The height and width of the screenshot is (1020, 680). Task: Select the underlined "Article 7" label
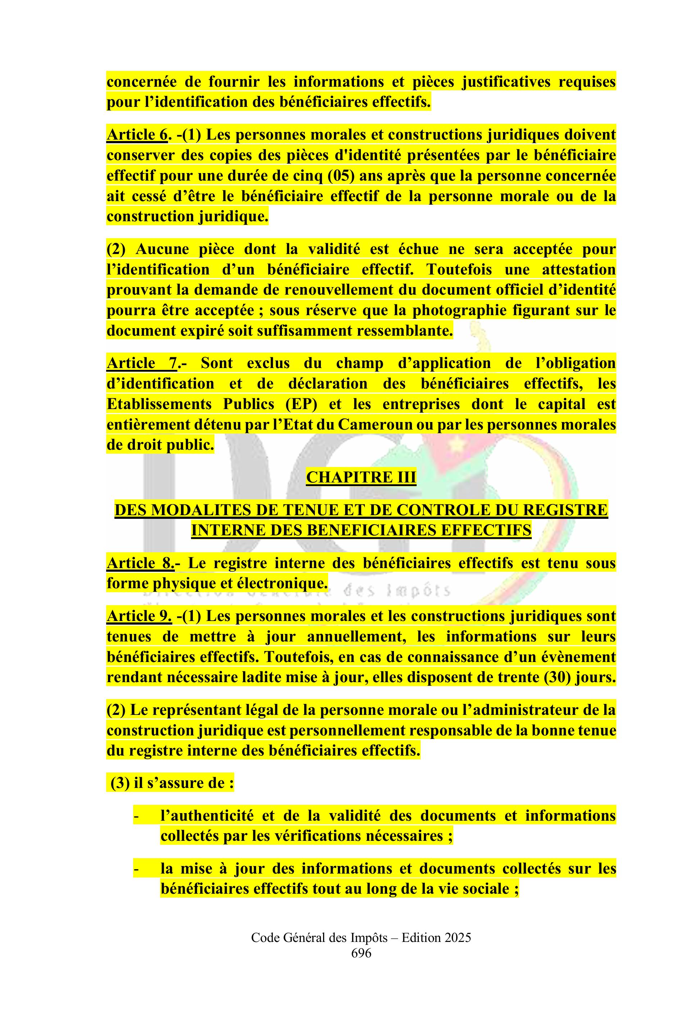click(x=141, y=363)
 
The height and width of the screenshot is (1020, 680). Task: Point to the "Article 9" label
click(x=139, y=616)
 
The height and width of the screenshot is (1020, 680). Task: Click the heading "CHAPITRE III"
click(x=361, y=477)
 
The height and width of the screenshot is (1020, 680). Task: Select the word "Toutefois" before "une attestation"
click(x=459, y=270)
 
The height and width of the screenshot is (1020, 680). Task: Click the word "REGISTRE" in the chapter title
click(x=568, y=510)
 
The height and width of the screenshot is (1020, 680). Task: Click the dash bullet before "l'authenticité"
click(x=136, y=816)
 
